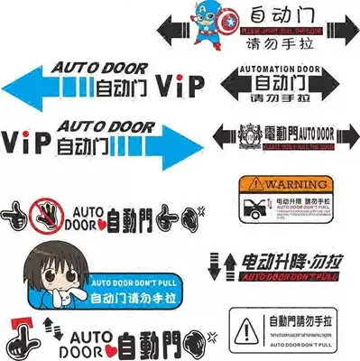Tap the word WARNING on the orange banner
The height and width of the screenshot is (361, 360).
[x=287, y=180]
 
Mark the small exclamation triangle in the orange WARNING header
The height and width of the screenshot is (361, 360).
[x=244, y=180]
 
